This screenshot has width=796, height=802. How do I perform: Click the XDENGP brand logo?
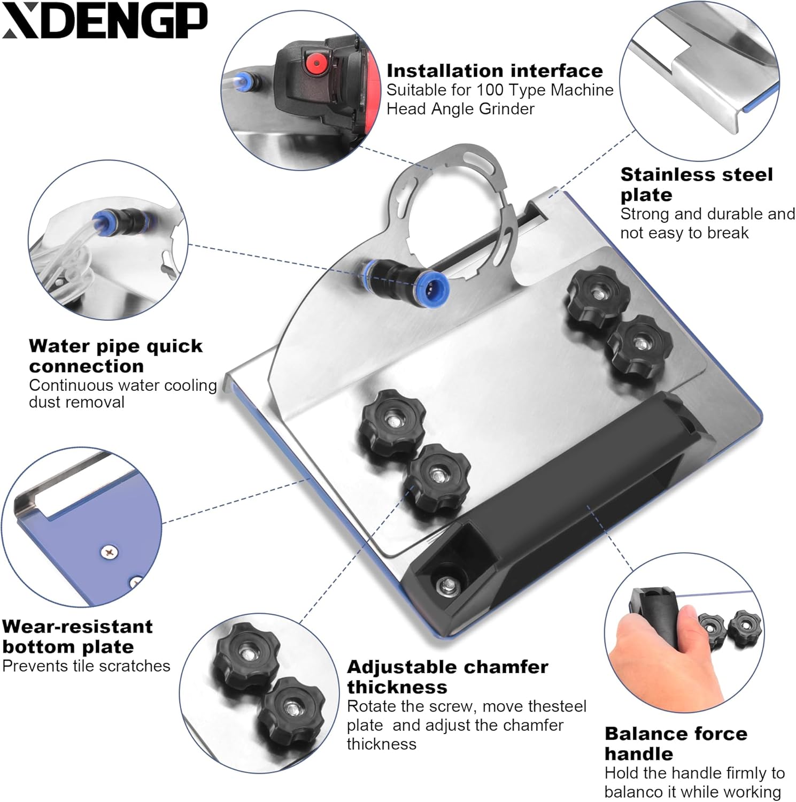[105, 21]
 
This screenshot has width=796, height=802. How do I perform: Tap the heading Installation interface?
[494, 71]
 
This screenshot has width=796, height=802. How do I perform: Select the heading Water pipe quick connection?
[116, 356]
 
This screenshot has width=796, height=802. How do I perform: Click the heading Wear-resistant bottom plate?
[78, 636]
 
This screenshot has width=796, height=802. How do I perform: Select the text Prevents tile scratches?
[86, 666]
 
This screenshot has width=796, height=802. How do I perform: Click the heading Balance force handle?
[676, 743]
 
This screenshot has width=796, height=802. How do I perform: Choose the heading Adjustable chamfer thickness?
[447, 676]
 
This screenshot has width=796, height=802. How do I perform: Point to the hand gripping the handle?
[655, 650]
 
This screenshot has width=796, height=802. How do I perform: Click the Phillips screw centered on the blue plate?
[110, 551]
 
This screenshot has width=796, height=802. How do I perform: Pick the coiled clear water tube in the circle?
[67, 257]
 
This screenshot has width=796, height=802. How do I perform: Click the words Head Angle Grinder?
[460, 109]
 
